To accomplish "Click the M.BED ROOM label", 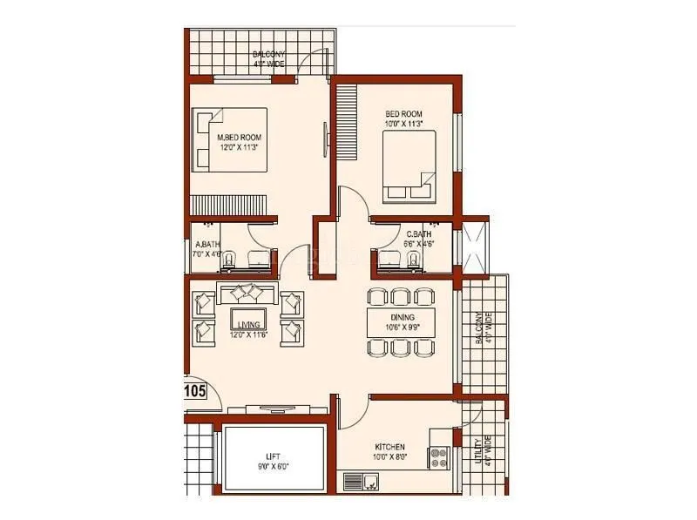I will [240, 138].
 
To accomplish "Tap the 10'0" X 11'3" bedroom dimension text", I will [403, 124].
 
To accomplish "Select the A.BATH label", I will [207, 245].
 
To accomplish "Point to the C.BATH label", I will [419, 234].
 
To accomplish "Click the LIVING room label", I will [248, 324].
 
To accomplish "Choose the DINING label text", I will [403, 317].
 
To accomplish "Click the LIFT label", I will [273, 456].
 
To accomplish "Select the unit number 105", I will [195, 391].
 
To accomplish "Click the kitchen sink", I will [361, 480].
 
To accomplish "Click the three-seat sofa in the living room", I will [247, 292].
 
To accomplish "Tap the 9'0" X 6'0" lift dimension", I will [273, 467].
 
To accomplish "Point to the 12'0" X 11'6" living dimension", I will [248, 334].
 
